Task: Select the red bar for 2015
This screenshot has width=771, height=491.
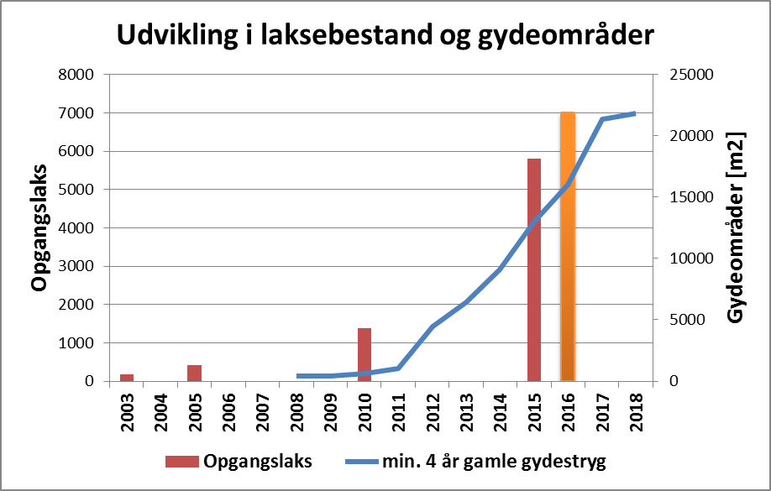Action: [534, 269]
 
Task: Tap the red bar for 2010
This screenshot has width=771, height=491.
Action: [365, 354]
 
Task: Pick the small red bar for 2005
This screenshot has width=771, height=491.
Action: [194, 373]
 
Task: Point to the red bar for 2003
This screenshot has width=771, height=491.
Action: [127, 378]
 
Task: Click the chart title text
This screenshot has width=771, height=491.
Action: [385, 36]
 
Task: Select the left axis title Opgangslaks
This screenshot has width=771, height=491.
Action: [39, 227]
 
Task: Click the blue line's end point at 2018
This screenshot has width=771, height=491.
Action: [636, 113]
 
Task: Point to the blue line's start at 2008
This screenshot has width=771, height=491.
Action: [297, 376]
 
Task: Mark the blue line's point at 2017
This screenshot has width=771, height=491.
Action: [602, 119]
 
